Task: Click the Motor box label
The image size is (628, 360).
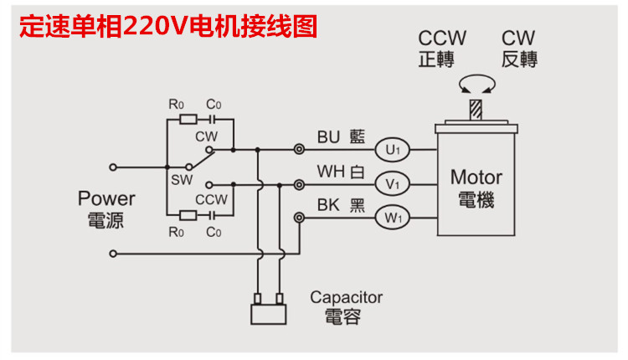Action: coord(476,177)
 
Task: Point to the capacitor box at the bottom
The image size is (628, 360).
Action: coord(269,312)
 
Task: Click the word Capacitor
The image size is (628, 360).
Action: coord(346,297)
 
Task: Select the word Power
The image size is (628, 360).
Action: coord(106,198)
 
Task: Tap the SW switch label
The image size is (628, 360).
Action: coord(182,179)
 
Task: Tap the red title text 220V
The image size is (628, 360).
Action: coord(156,25)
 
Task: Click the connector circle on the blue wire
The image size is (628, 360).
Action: coord(299,151)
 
